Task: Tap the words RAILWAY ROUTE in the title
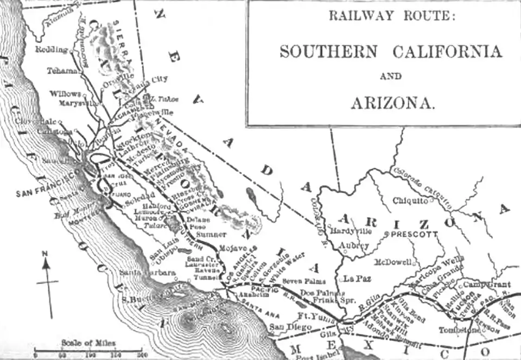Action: click(392, 16)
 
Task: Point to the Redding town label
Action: click(52, 49)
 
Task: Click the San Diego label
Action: click(291, 327)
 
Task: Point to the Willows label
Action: click(65, 94)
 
